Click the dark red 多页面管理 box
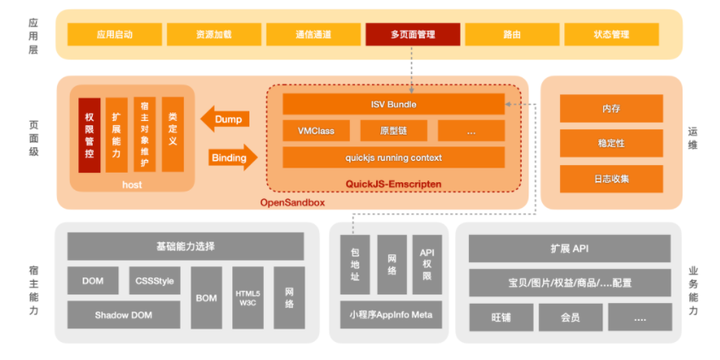pyautogui.click(x=413, y=35)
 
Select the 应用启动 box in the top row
pyautogui.click(x=115, y=35)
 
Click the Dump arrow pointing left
pyautogui.click(x=226, y=118)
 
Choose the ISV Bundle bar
pyautogui.click(x=393, y=105)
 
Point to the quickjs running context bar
pyautogui.click(x=393, y=157)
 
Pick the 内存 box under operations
pyautogui.click(x=610, y=108)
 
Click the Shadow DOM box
pyautogui.click(x=123, y=315)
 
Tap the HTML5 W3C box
pyautogui.click(x=249, y=298)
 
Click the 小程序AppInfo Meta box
pyautogui.click(x=391, y=315)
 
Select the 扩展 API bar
pyautogui.click(x=569, y=249)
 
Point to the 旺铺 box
pyautogui.click(x=500, y=317)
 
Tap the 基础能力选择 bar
pyautogui.click(x=186, y=247)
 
